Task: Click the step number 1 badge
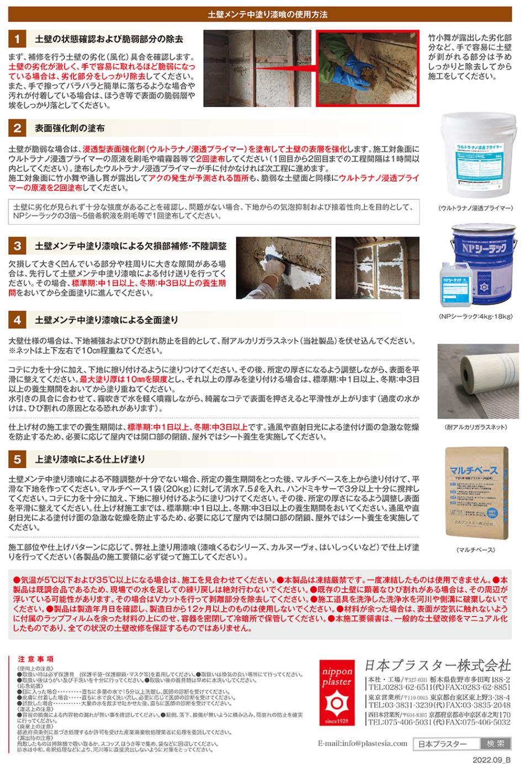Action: [x=17, y=39]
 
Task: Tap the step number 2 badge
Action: [x=17, y=128]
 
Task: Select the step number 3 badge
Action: [x=17, y=245]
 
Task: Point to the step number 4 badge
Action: [x=17, y=320]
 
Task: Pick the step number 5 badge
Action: [x=17, y=459]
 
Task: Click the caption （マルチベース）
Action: [x=475, y=550]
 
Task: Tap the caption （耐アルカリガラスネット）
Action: [x=475, y=427]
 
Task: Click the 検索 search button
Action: [x=492, y=743]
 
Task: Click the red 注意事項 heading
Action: [x=36, y=659]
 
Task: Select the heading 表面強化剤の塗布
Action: [x=70, y=128]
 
